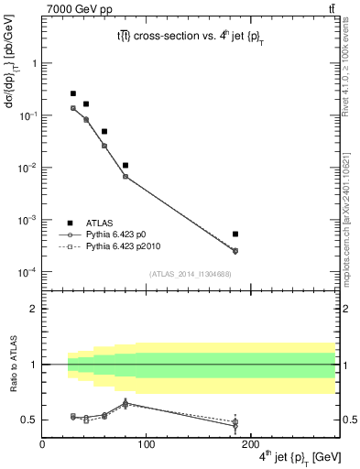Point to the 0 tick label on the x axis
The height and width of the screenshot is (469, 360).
tap(42, 443)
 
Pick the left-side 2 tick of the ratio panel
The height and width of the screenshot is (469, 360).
tap(34, 309)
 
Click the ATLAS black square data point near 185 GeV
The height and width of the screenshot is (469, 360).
tap(235, 234)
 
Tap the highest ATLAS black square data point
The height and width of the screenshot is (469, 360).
tap(73, 93)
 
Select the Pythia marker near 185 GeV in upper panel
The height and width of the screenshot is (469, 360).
tap(235, 251)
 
